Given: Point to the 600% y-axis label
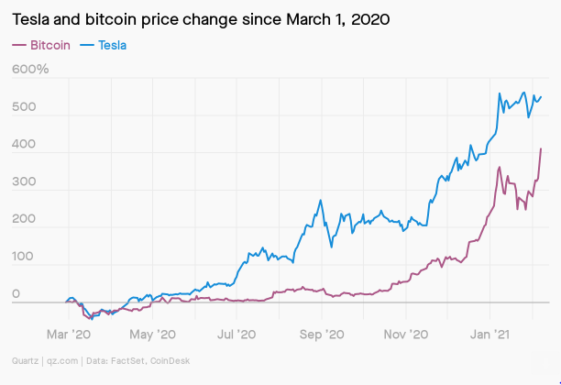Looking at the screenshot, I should pos(30,70).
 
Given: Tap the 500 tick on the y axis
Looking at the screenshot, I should pos(24,107).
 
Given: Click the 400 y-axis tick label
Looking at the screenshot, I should pos(24,145).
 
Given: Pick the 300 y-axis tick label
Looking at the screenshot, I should pos(24,182).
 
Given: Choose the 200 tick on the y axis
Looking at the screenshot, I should pos(24,220).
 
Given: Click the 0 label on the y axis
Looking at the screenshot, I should pos(16,295).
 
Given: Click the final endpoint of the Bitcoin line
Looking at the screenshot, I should pos(541,148).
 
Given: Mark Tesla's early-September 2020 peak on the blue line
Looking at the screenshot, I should pos(321,200).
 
